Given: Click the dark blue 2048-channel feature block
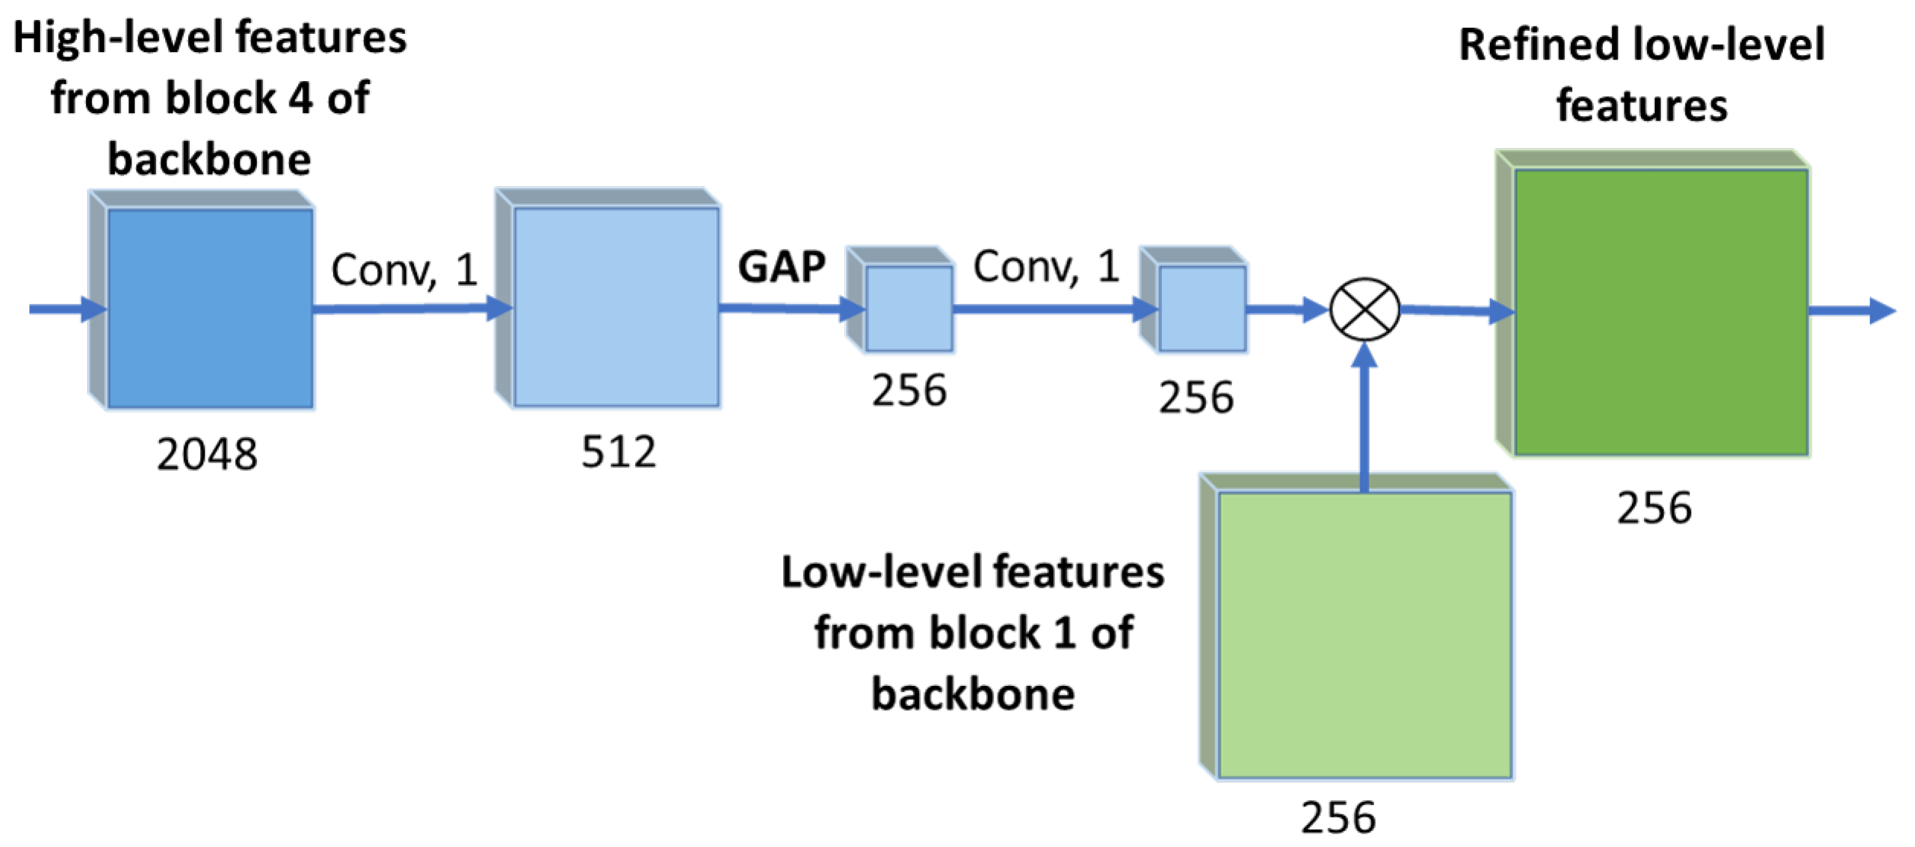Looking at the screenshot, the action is click(202, 300).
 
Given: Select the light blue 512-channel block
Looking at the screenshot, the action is click(608, 298).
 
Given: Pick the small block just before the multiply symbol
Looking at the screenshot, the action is click(1194, 300).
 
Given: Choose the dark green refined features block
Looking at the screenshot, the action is click(1653, 304).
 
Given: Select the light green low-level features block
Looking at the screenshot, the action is click(1357, 627).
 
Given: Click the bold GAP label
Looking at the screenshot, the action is click(781, 266).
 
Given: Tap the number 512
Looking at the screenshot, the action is click(619, 451).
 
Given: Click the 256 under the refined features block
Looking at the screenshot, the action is click(1655, 509).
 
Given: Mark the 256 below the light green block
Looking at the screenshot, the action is click(1338, 817).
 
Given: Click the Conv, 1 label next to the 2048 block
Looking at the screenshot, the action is click(404, 269).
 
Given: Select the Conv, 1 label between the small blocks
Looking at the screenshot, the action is click(1046, 266).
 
